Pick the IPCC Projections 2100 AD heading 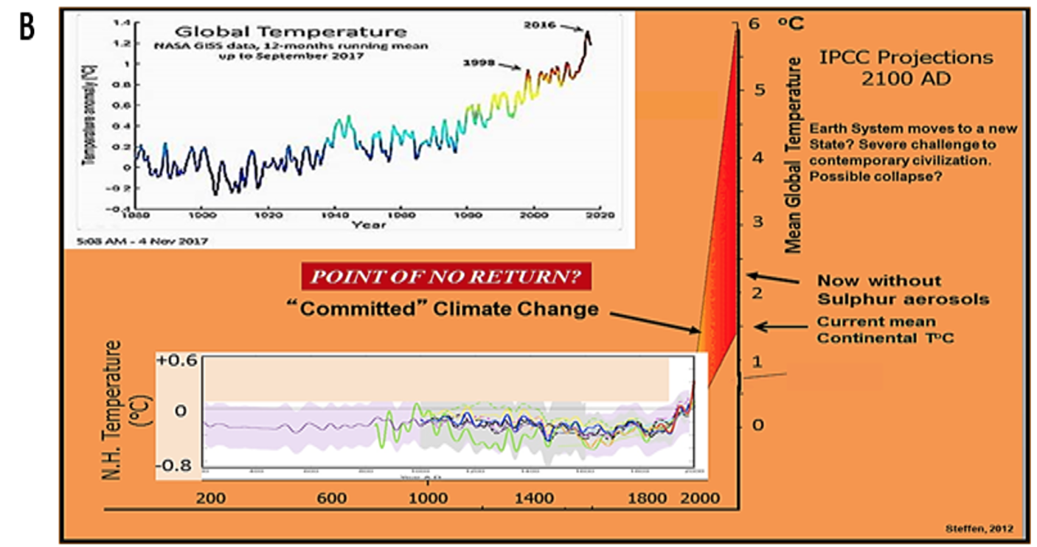pyautogui.click(x=906, y=67)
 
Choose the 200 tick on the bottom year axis pyautogui.click(x=212, y=498)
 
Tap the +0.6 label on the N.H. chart pyautogui.click(x=177, y=360)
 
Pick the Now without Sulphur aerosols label pyautogui.click(x=903, y=290)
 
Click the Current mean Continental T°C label pyautogui.click(x=875, y=330)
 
